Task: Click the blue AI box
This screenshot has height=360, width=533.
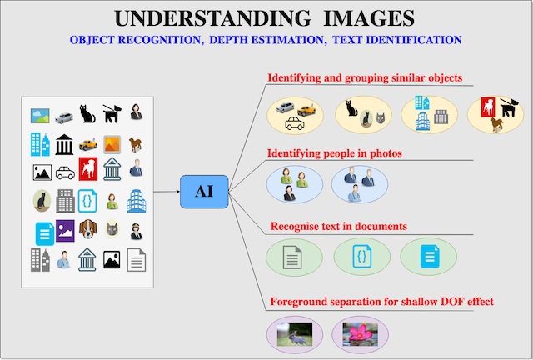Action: click(204, 192)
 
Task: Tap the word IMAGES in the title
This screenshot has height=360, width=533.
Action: click(369, 18)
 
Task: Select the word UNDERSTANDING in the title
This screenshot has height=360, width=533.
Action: click(212, 18)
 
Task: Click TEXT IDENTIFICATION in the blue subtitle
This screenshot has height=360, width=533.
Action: click(396, 40)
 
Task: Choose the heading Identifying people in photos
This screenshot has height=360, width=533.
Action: click(335, 153)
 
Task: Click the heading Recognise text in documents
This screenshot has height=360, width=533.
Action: click(339, 227)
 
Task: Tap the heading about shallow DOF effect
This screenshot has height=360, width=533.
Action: click(381, 302)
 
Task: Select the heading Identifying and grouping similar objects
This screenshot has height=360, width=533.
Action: click(365, 78)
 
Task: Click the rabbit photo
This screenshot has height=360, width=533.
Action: click(294, 334)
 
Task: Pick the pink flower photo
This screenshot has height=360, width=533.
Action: click(360, 334)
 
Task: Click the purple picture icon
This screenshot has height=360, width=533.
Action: click(65, 231)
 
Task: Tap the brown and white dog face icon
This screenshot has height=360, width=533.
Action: click(88, 229)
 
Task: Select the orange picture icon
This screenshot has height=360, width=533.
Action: click(112, 145)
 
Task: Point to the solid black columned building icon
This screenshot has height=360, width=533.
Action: click(64, 145)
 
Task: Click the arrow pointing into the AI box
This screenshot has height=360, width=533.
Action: click(167, 192)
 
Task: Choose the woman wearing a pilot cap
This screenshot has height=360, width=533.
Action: click(137, 231)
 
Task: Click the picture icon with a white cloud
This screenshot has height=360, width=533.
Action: click(40, 116)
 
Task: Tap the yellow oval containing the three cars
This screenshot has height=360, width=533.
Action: click(295, 115)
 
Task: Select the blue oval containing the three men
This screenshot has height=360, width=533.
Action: click(360, 184)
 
